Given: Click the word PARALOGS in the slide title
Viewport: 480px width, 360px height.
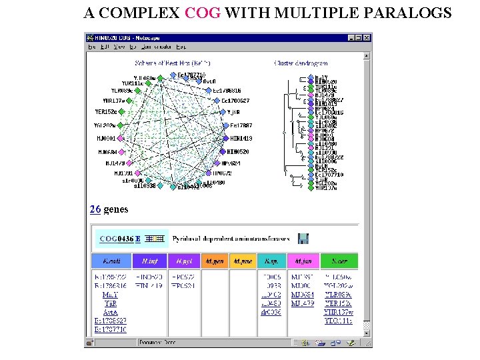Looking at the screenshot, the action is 412,13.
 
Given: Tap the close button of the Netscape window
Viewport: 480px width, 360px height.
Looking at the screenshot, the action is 366,37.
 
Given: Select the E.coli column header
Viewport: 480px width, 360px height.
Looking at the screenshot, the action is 111,261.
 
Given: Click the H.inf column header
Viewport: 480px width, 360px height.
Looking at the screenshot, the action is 151,261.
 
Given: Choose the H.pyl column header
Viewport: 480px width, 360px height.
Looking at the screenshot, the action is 186,261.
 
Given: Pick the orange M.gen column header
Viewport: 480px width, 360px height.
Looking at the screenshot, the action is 215,261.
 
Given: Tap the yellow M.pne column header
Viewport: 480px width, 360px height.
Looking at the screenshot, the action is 243,261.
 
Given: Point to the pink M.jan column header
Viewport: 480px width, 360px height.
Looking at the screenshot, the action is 303,261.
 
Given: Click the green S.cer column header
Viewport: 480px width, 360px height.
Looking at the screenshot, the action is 339,261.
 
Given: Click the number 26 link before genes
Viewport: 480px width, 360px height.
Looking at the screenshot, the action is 95,209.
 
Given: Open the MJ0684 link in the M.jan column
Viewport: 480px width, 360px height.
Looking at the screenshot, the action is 303,294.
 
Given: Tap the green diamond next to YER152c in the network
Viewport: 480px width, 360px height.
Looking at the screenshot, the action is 122,112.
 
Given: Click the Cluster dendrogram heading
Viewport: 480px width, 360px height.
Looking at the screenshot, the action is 301,63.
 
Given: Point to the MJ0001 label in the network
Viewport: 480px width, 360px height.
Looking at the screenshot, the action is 107,139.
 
